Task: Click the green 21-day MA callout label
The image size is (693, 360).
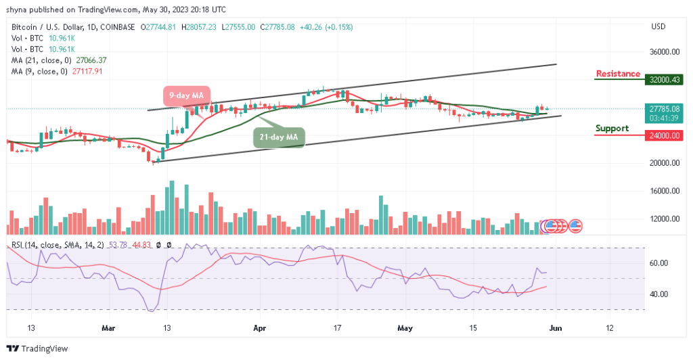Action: (x=279, y=137)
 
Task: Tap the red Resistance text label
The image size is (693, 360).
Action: (x=618, y=74)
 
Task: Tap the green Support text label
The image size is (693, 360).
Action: (x=612, y=128)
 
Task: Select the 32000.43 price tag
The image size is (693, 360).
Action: (x=666, y=79)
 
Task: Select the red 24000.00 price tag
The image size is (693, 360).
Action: (x=666, y=135)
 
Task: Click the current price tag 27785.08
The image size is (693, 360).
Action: (x=666, y=108)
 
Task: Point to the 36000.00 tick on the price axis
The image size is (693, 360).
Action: (x=666, y=51)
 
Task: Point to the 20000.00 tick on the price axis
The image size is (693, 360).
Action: (x=666, y=163)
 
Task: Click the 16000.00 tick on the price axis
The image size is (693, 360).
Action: (x=666, y=191)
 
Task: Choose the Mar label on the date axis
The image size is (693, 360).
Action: (x=109, y=328)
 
